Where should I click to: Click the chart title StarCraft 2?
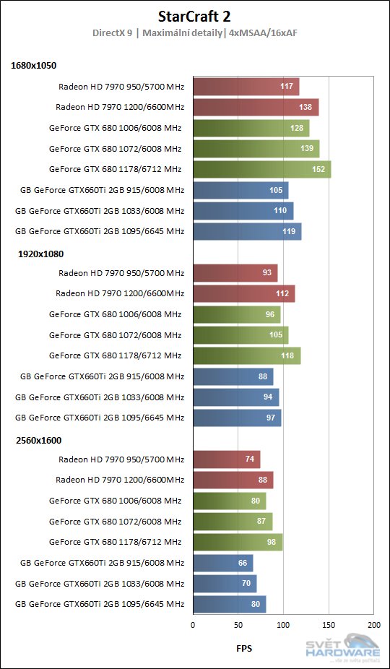click(194, 16)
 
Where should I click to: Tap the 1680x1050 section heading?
click(33, 66)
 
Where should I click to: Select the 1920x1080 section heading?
click(33, 253)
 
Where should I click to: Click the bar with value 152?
click(261, 169)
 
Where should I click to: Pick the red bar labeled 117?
click(246, 87)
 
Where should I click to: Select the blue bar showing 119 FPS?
click(247, 231)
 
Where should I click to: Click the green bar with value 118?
click(247, 355)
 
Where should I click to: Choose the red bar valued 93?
click(235, 273)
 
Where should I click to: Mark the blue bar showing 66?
click(222, 563)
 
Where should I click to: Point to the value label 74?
click(249, 459)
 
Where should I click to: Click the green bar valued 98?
click(238, 542)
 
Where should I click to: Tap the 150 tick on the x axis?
click(329, 623)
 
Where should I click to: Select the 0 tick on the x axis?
click(193, 623)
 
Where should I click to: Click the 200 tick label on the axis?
click(373, 623)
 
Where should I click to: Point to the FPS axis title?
click(243, 648)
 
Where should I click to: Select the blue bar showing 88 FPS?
click(233, 376)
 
